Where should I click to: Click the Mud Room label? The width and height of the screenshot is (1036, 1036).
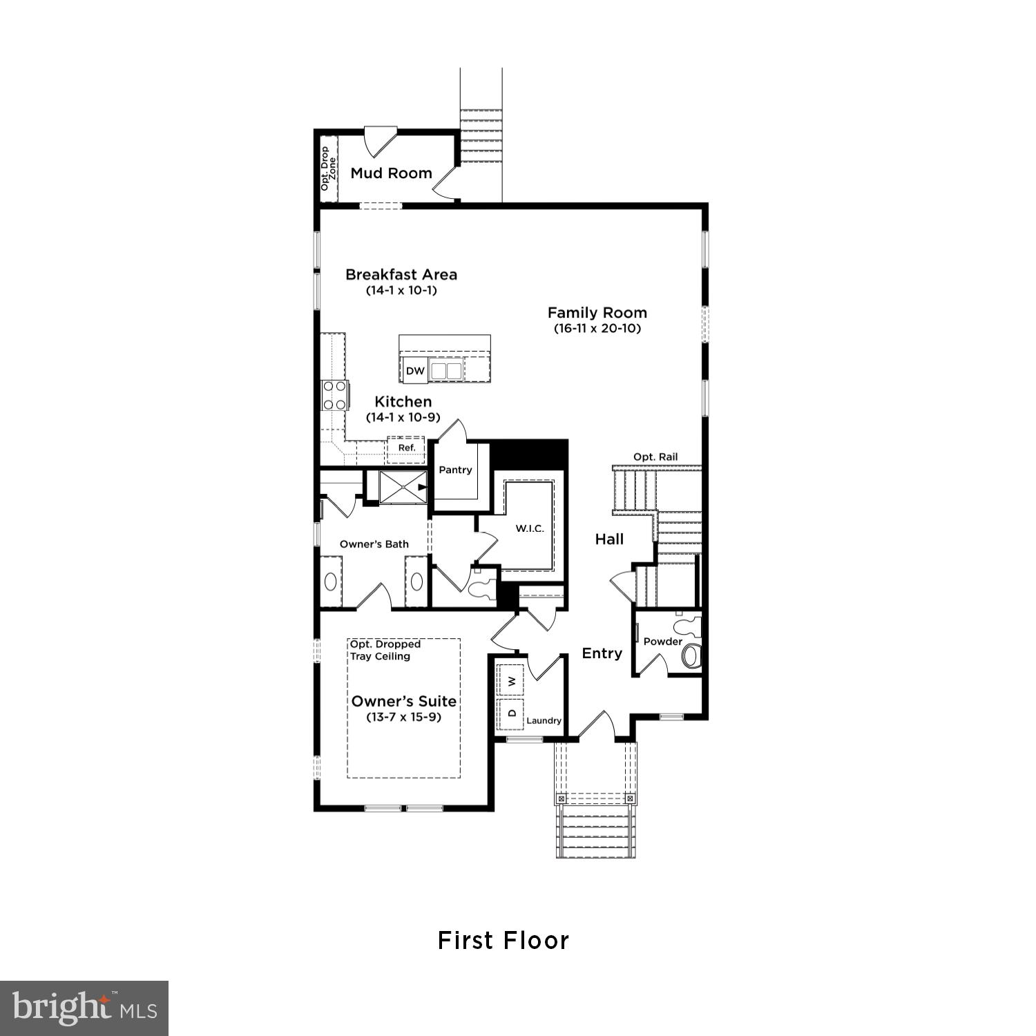point(391,173)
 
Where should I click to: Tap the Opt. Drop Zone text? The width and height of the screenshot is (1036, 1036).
point(328,169)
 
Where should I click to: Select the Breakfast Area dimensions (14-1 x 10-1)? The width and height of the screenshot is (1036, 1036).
point(401,290)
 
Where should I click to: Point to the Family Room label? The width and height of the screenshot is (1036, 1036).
point(597,313)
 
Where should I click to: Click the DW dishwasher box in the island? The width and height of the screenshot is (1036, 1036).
point(415,371)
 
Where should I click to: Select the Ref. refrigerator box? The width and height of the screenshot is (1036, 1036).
point(407,448)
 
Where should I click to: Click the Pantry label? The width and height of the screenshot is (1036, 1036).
point(455,470)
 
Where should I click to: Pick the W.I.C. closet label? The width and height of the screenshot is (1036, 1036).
point(530,528)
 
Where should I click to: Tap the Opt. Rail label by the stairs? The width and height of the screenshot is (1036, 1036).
point(655,457)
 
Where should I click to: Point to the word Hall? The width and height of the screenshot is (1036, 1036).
point(609,539)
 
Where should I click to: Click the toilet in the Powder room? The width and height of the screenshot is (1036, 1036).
point(690,654)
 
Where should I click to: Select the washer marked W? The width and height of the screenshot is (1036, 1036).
point(511,681)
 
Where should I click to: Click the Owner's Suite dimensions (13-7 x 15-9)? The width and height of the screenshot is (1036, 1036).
point(404,717)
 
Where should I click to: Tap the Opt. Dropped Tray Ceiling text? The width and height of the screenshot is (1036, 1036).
point(385,650)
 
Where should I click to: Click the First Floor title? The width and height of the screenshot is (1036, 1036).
point(503,941)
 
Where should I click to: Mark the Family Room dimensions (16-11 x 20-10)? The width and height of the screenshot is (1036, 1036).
point(597,329)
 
